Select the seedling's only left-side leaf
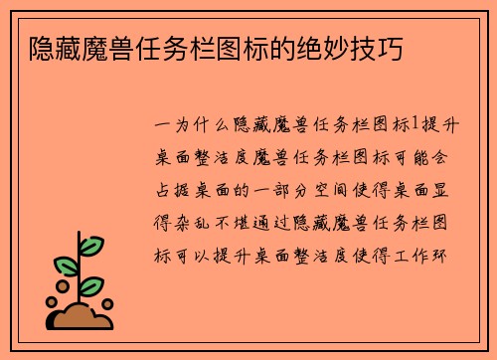(65, 266)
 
